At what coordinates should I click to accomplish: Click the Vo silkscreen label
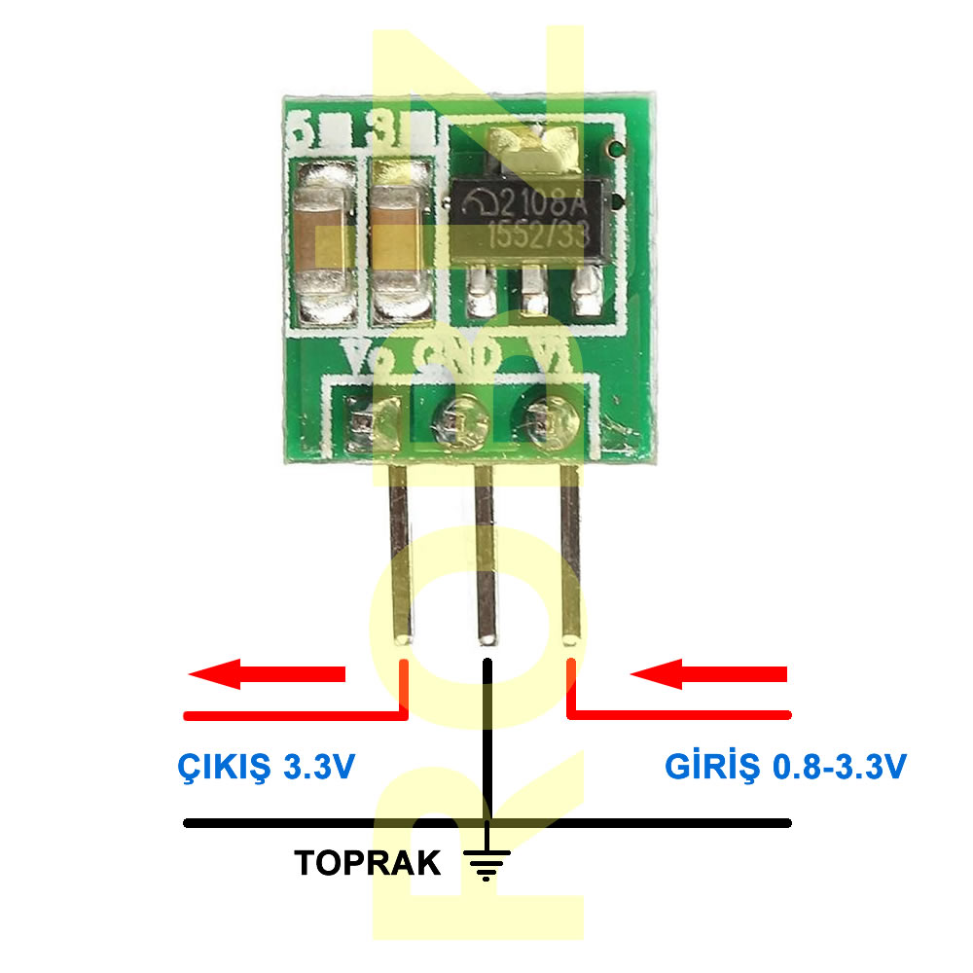[x=371, y=357]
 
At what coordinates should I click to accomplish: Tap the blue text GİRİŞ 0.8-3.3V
[x=785, y=768]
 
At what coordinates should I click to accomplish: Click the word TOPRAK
[x=368, y=863]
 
